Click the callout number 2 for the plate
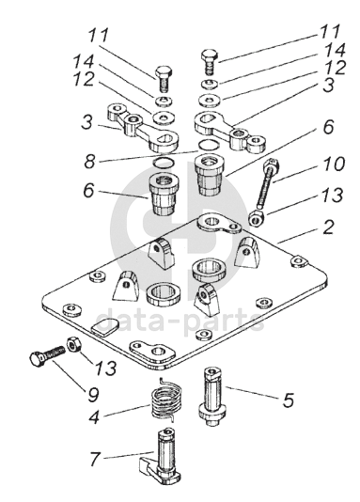[328, 227]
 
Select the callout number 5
[289, 400]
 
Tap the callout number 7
[94, 459]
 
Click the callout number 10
[332, 164]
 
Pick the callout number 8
[90, 161]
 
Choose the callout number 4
[94, 416]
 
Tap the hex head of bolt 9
[37, 359]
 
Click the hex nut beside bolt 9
[74, 345]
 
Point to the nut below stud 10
[257, 218]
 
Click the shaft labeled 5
[211, 397]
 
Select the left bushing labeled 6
[164, 194]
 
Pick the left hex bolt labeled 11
[164, 79]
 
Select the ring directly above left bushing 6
[164, 163]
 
